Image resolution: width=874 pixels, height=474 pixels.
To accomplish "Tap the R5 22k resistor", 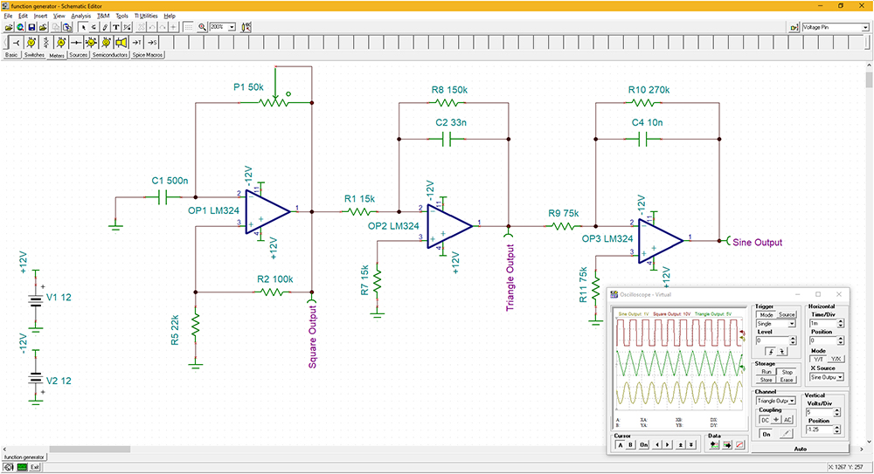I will pyautogui.click(x=196, y=325).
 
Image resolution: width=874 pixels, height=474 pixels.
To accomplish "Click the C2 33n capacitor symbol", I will pyautogui.click(x=454, y=139).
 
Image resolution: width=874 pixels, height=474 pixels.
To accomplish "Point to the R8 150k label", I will pyautogui.click(x=449, y=90).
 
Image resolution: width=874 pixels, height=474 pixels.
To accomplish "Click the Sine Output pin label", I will pyautogui.click(x=757, y=243).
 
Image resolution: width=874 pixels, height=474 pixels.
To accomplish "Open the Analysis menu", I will pyautogui.click(x=80, y=16).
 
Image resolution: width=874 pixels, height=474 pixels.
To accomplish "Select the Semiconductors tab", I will pyautogui.click(x=109, y=55).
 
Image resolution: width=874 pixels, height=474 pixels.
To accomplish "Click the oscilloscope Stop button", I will pyautogui.click(x=787, y=371).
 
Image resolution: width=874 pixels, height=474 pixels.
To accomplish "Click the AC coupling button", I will pyautogui.click(x=787, y=419).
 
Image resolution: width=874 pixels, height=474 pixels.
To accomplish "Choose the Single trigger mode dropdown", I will pyautogui.click(x=775, y=323).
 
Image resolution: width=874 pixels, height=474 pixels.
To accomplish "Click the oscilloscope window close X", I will pyautogui.click(x=839, y=294).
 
